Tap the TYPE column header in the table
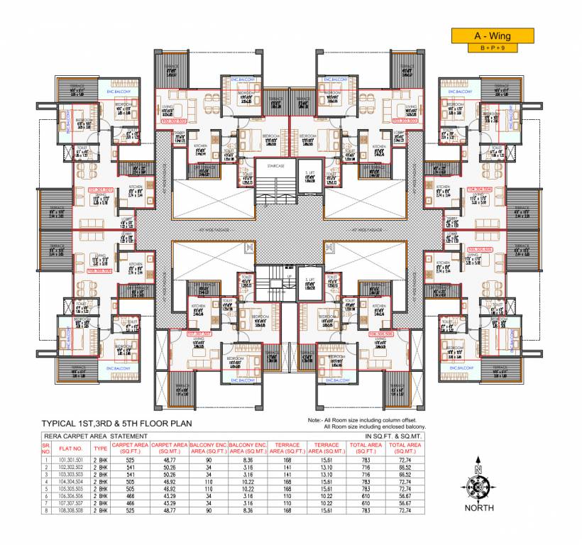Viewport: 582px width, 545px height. click(100, 448)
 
